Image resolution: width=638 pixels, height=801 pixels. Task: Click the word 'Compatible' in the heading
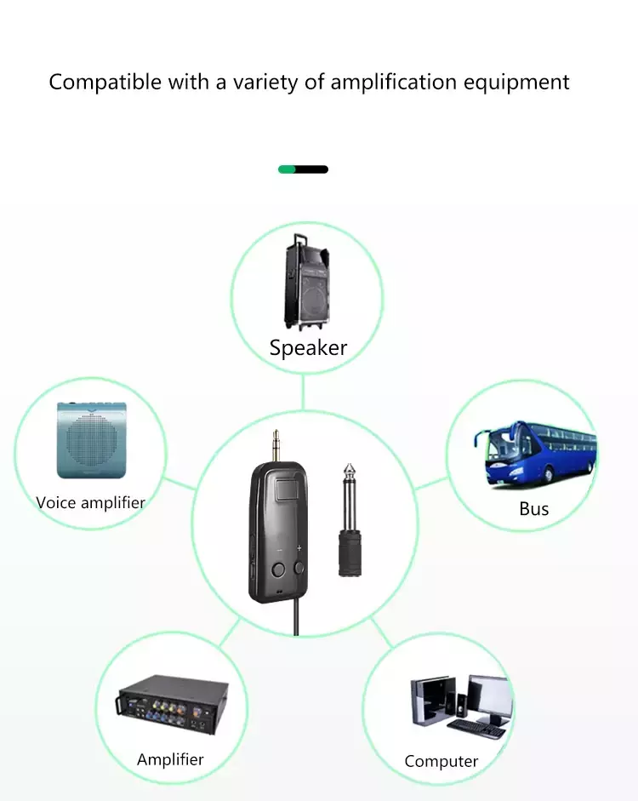coord(105,83)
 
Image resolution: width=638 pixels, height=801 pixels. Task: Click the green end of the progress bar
coord(287,169)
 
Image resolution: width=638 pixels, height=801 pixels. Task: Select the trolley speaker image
coord(306,283)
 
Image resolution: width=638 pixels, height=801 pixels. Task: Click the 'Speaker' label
coord(308,348)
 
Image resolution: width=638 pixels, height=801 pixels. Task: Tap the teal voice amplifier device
coord(92,440)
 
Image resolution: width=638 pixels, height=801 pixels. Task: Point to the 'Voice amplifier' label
coord(91,503)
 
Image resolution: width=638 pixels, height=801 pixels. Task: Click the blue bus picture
coord(535,452)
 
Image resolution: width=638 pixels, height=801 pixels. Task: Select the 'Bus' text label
coord(534,509)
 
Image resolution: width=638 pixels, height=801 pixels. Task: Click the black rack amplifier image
coord(172,705)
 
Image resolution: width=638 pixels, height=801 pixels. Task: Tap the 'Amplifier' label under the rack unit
coord(170,759)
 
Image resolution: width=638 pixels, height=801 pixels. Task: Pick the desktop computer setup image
coord(461,707)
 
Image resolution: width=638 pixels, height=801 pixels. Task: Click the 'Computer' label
coord(441,762)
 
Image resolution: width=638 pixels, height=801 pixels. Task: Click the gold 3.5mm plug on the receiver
coord(276,446)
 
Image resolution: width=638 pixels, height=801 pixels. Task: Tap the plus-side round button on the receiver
coord(299,568)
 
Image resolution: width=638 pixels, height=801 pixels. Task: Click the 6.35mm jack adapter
coord(350,521)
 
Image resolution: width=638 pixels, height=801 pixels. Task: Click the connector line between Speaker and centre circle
coord(303,392)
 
